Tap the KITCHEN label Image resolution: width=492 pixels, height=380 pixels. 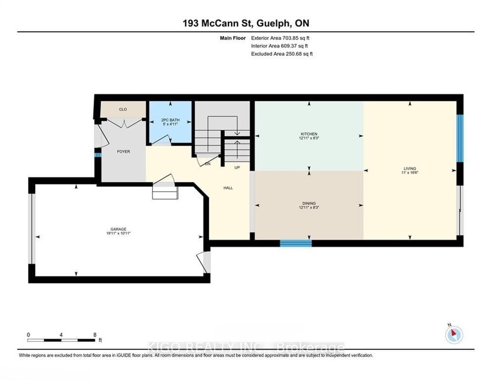(309, 134)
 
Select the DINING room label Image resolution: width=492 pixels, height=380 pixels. (307, 203)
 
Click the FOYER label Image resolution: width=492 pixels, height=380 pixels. (123, 151)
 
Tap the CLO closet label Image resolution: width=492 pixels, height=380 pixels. (123, 109)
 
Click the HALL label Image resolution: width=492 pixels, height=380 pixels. (228, 188)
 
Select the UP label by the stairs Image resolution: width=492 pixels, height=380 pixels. (237, 168)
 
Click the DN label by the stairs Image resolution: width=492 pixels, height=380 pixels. (208, 164)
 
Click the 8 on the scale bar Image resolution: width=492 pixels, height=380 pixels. (95, 334)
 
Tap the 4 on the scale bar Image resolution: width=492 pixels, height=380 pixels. (61, 334)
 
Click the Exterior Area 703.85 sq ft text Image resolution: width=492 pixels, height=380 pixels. (282, 38)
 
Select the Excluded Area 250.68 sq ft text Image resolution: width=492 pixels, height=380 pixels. (282, 53)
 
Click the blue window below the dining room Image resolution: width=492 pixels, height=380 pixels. (295, 243)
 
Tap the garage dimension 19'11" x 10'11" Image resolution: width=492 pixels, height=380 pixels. (119, 233)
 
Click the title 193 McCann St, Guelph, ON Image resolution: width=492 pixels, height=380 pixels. (246, 23)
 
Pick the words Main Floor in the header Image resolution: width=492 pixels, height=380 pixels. (233, 38)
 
